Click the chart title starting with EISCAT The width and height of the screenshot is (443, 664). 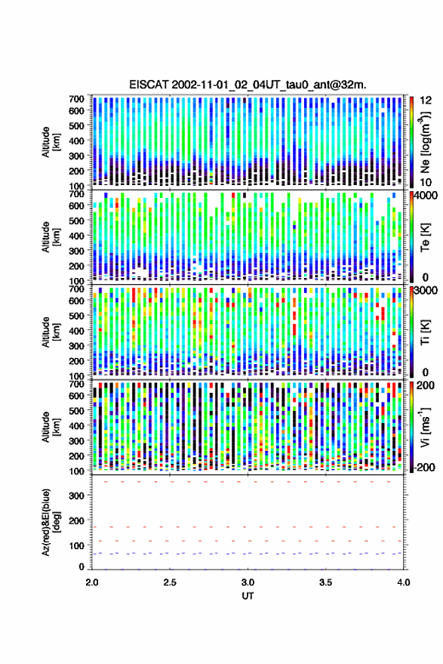click(x=248, y=85)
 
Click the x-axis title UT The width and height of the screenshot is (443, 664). click(x=248, y=596)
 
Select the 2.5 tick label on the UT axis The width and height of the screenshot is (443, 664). click(x=170, y=582)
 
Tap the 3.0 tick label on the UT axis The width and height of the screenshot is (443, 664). click(x=248, y=582)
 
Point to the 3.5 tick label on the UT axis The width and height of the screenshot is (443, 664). click(x=325, y=582)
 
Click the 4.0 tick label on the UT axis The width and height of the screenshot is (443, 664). click(x=403, y=582)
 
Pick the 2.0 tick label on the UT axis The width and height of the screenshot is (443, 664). click(x=92, y=582)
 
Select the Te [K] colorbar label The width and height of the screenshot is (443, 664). click(x=425, y=237)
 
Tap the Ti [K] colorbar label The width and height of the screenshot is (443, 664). click(x=425, y=332)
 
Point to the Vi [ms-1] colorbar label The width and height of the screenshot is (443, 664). click(x=425, y=427)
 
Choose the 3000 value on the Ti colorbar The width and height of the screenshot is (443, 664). click(x=426, y=291)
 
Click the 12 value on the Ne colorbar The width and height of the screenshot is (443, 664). click(x=426, y=100)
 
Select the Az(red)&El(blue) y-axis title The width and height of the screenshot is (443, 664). click(x=51, y=522)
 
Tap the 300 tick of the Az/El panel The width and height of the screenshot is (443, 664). click(x=76, y=496)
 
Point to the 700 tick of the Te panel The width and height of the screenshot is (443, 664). click(x=76, y=194)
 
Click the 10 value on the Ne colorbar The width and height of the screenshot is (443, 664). click(x=426, y=182)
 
